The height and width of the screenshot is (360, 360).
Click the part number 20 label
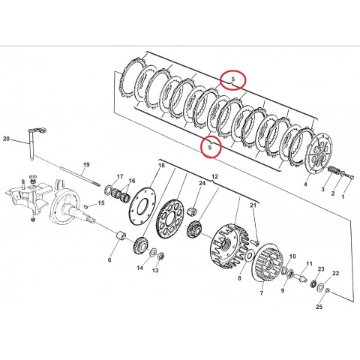click(x=5, y=139)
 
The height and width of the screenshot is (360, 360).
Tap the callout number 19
click(x=86, y=165)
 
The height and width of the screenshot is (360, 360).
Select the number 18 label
click(x=160, y=165)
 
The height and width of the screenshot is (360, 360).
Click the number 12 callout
click(x=215, y=177)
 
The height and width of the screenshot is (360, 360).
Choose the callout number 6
click(x=109, y=260)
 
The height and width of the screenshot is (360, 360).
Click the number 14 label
click(x=139, y=268)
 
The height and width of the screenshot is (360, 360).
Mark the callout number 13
click(x=154, y=271)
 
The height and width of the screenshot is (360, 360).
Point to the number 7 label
click(x=261, y=294)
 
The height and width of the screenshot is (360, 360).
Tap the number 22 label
click(x=335, y=274)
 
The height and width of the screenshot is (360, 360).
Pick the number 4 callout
click(x=305, y=182)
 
